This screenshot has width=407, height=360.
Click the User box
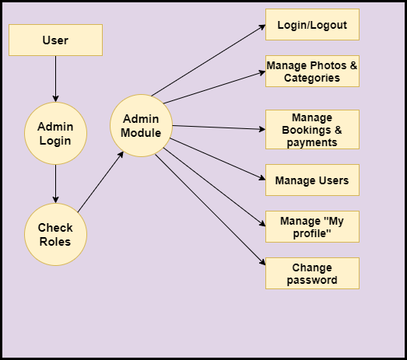tap(55, 40)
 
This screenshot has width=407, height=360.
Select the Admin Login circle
tap(55, 133)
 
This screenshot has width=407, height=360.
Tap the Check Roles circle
tap(55, 235)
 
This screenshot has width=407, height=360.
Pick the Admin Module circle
tap(141, 125)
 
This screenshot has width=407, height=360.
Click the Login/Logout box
tap(312, 24)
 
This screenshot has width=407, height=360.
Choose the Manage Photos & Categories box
tap(312, 71)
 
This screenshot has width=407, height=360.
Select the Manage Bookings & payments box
tap(312, 129)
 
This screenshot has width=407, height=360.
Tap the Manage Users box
tap(312, 180)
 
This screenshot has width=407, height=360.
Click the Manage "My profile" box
tap(312, 227)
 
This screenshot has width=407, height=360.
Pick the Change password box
tap(312, 274)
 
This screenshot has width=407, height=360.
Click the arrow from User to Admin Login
tap(55, 79)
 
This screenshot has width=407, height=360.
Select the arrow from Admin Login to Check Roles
tap(55, 184)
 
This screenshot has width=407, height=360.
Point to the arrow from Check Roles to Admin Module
tap(100, 182)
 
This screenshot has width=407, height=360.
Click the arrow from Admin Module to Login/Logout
tap(209, 61)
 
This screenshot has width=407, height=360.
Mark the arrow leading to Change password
tap(210, 210)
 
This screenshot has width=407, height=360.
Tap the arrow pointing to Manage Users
tap(218, 159)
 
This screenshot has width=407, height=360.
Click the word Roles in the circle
tap(55, 242)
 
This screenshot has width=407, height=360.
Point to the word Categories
tap(312, 78)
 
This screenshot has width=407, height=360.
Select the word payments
tap(312, 142)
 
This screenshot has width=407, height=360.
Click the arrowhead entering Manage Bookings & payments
tap(262, 129)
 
